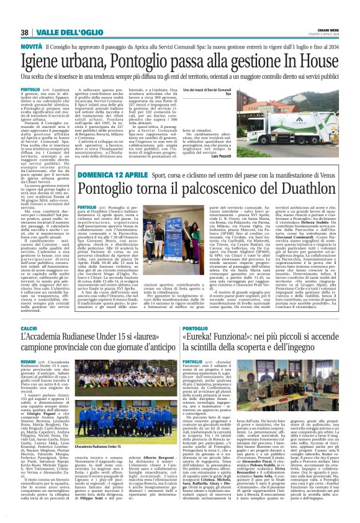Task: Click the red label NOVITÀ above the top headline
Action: pyautogui.click(x=31, y=47)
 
